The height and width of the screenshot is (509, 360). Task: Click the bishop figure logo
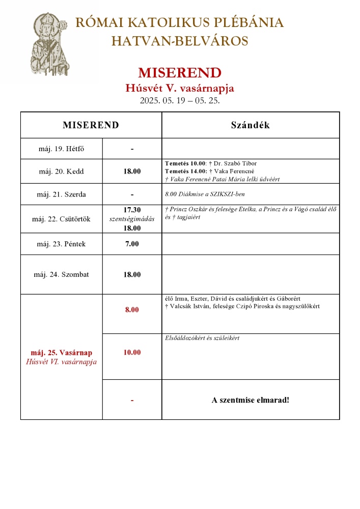[48, 45]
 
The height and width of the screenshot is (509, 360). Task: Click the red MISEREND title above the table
[179, 72]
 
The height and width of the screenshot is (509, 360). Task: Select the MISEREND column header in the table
[91, 125]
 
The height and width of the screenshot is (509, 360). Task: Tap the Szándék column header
[250, 125]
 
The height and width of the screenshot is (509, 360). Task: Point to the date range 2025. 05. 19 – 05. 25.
[179, 100]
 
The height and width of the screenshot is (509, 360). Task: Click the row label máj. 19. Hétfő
[61, 149]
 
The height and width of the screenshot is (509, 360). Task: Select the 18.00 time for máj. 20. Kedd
[132, 172]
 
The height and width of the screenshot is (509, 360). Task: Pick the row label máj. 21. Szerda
[61, 194]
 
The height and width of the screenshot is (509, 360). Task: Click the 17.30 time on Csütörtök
[132, 210]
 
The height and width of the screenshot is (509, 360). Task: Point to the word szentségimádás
[132, 219]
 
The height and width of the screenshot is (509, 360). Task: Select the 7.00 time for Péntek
[132, 244]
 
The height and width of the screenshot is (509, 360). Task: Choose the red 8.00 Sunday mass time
[132, 309]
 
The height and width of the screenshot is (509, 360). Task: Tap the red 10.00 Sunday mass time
[132, 352]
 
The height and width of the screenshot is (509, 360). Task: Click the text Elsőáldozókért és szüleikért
[202, 338]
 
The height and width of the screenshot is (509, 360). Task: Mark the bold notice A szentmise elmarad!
[250, 400]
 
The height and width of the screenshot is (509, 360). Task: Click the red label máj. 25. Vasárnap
[61, 352]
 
